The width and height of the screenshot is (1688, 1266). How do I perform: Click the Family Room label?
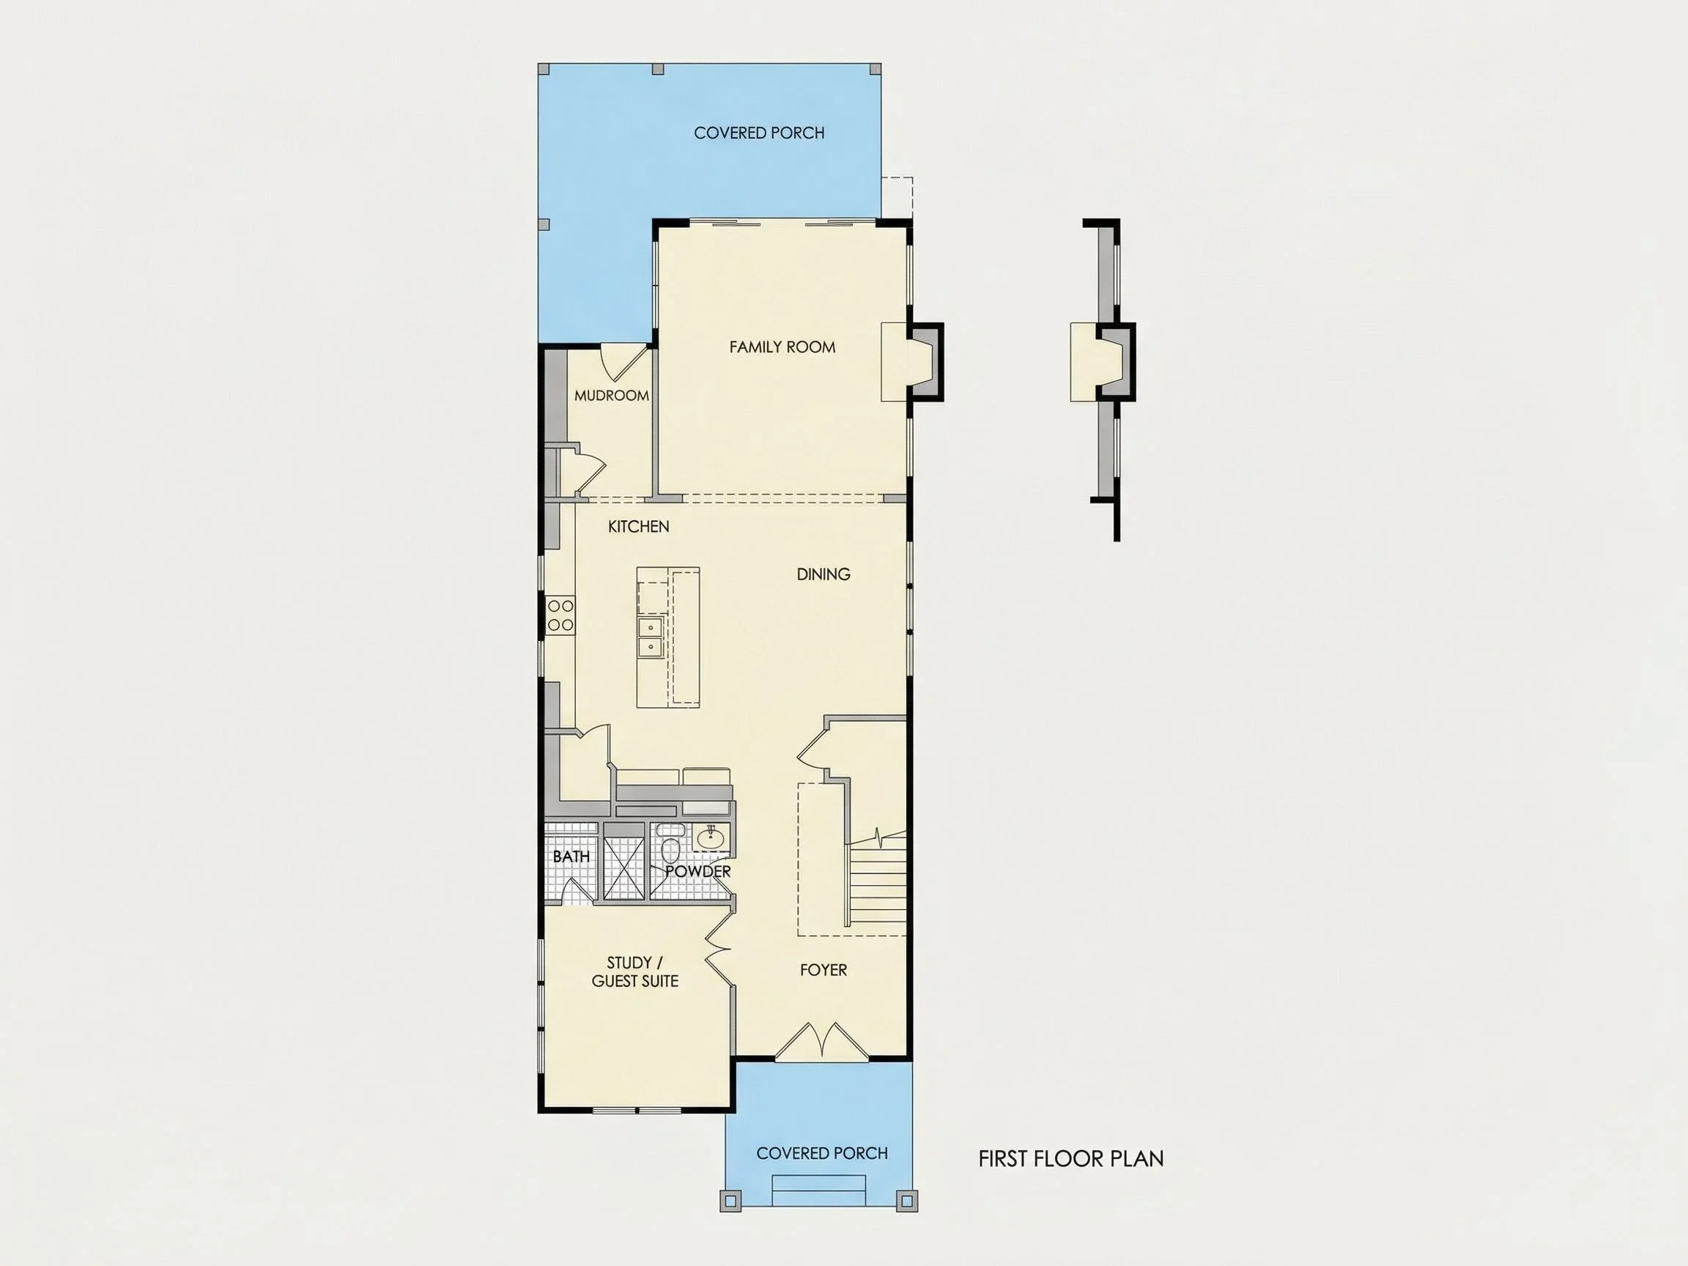782,347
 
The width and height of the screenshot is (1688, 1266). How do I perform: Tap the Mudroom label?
611,396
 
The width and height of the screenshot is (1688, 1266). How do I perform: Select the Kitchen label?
639,527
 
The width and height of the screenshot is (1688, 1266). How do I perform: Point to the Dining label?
823,574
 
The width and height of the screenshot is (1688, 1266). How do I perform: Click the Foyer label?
823,970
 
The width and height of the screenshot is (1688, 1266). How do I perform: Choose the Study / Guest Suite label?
635,972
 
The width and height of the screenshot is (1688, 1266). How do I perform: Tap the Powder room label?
698,871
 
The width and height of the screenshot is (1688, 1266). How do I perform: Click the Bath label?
571,857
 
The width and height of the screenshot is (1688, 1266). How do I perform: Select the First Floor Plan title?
1070,1158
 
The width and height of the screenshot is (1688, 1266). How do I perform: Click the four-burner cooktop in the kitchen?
560,615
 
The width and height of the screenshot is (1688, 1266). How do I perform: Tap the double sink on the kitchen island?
651,637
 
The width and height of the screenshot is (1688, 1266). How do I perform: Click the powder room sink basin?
711,837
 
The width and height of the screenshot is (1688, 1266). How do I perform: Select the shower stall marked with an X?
623,868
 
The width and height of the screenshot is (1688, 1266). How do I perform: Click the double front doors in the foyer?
822,1042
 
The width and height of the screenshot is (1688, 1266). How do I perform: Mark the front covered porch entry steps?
820,1190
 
